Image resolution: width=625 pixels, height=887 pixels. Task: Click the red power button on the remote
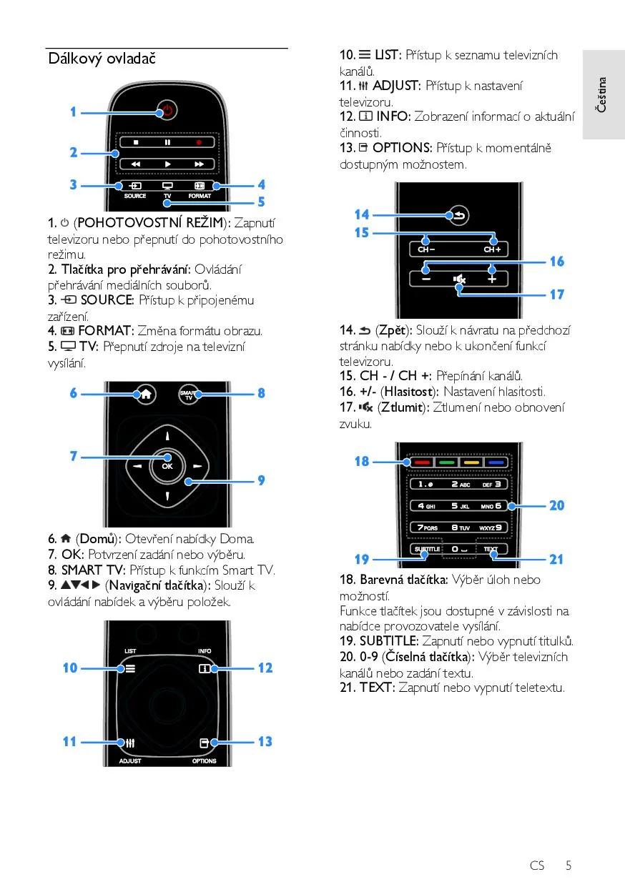click(x=167, y=110)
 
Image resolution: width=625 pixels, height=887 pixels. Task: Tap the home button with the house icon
click(x=146, y=394)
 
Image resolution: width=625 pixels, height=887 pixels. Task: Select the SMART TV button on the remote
click(x=189, y=395)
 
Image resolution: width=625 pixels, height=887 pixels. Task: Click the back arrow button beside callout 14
click(x=459, y=215)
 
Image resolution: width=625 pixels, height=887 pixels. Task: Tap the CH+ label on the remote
click(x=492, y=249)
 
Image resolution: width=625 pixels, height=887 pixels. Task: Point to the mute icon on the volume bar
click(x=459, y=279)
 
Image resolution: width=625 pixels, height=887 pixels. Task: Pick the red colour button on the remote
click(x=423, y=462)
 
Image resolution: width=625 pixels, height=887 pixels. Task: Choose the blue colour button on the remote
click(x=496, y=462)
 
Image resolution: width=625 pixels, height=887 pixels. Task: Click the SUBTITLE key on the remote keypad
click(x=427, y=549)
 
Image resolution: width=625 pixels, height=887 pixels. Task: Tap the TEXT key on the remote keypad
click(x=491, y=549)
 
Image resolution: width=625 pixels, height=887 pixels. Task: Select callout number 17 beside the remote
click(x=556, y=294)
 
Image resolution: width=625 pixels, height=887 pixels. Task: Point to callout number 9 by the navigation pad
click(x=262, y=480)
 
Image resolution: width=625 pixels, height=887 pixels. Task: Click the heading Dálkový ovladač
click(x=102, y=59)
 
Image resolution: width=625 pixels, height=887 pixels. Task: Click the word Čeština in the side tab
click(x=601, y=94)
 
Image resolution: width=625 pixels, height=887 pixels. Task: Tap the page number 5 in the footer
click(x=569, y=866)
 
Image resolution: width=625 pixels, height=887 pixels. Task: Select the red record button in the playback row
click(x=199, y=142)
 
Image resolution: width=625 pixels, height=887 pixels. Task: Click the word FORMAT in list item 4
click(x=104, y=331)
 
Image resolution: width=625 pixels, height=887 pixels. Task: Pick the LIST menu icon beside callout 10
click(x=130, y=669)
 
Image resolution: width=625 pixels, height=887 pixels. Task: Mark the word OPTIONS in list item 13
click(x=402, y=148)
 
